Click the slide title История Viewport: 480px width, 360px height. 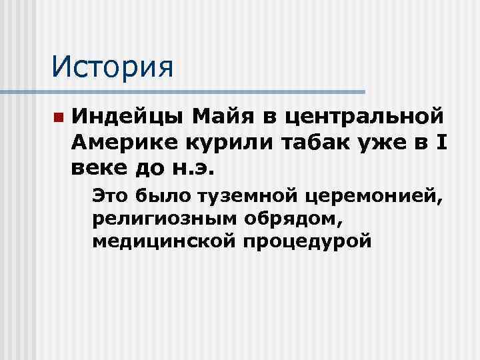pos(112,66)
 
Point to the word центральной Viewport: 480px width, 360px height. pos(363,119)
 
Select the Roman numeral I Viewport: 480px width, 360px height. pos(432,141)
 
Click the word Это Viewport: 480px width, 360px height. pos(110,195)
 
